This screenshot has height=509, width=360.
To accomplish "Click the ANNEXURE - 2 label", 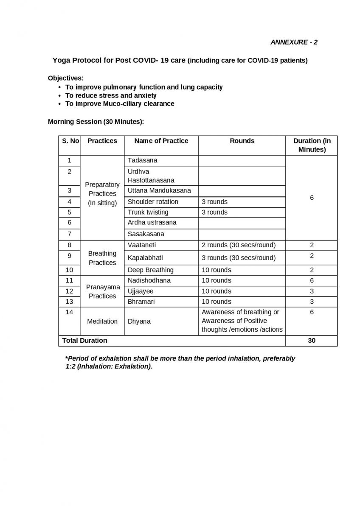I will [x=294, y=42].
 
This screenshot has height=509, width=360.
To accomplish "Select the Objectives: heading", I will [x=66, y=78].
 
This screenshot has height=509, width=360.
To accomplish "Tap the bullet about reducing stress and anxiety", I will [x=111, y=95].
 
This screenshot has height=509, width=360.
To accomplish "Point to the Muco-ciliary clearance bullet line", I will [x=120, y=103].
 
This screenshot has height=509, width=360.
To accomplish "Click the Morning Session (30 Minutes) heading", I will [x=96, y=121].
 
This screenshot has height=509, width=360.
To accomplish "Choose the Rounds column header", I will [x=242, y=141].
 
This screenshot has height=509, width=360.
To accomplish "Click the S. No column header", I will [x=70, y=141].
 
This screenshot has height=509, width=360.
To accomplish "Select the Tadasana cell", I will [x=142, y=160].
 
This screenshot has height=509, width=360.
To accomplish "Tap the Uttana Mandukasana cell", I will [x=159, y=190].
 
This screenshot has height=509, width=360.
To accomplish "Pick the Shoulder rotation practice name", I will [x=153, y=201].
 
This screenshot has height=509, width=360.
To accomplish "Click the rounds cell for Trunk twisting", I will [x=214, y=212].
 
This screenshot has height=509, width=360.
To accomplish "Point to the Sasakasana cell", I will [x=146, y=234].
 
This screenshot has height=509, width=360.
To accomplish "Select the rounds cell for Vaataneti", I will [x=239, y=245].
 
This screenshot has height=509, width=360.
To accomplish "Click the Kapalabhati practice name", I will [x=145, y=257].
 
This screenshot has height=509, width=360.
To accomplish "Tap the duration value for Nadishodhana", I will [x=312, y=280].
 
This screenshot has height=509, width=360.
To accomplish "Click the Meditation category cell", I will [x=102, y=321].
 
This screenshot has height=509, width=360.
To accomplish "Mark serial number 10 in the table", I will [x=70, y=270].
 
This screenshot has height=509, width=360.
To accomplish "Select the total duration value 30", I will [x=312, y=340].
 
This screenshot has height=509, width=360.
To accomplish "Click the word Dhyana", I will [x=139, y=321].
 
